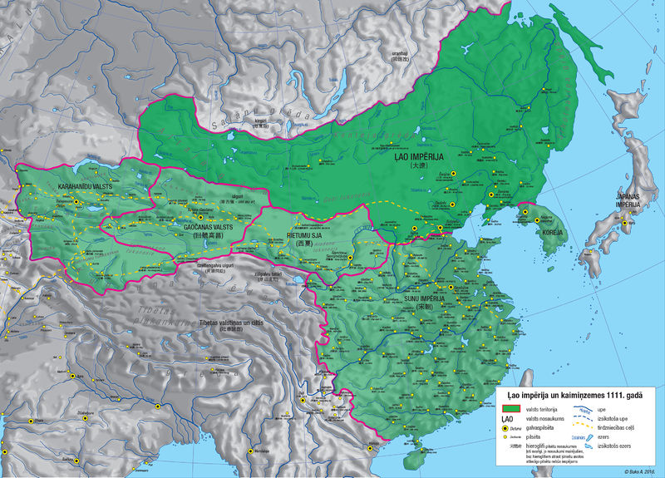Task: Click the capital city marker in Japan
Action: (626, 220)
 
